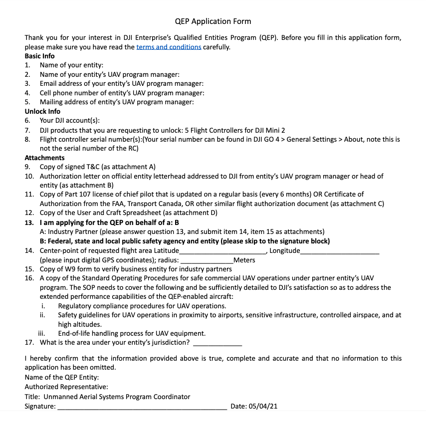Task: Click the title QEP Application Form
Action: pyautogui.click(x=213, y=21)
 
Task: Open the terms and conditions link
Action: pyautogui.click(x=169, y=47)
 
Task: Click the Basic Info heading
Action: pyautogui.click(x=40, y=56)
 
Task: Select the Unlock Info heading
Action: pyautogui.click(x=42, y=111)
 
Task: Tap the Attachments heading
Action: pyautogui.click(x=44, y=158)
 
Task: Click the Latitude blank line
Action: pyautogui.click(x=222, y=251)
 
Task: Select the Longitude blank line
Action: pyautogui.click(x=340, y=251)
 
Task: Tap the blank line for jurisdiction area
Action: pyautogui.click(x=217, y=343)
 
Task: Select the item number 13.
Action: pyautogui.click(x=29, y=222)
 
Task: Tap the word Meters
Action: pyautogui.click(x=244, y=260)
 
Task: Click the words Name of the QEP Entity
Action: pyautogui.click(x=62, y=378)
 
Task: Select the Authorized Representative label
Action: pyautogui.click(x=66, y=387)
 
